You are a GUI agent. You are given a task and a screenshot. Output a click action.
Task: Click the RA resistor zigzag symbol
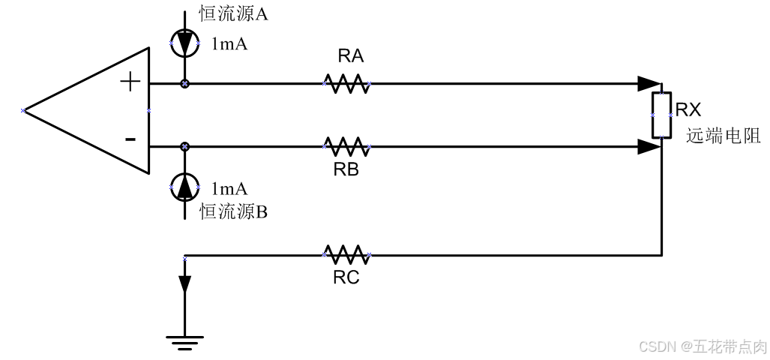click(346, 83)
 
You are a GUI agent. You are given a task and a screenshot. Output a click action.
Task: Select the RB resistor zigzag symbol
click(346, 145)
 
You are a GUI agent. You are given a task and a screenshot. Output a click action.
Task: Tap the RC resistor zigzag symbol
click(346, 255)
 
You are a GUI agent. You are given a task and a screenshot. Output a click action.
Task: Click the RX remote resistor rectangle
click(661, 115)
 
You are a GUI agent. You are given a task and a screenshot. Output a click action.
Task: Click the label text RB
click(346, 169)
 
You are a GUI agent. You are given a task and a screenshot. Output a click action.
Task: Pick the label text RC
click(346, 277)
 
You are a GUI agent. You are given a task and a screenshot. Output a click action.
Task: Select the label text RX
click(688, 110)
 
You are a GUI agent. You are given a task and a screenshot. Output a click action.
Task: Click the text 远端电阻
click(723, 136)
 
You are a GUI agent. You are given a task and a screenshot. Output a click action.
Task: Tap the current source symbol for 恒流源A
click(184, 43)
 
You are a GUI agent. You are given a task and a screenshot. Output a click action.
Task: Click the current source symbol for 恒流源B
click(184, 187)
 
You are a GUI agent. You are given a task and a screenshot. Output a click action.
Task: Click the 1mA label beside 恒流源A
click(229, 44)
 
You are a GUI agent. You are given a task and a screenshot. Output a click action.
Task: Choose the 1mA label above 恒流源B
click(229, 188)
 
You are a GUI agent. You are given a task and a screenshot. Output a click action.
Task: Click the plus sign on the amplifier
click(130, 82)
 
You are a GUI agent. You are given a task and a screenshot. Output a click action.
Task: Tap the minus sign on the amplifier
click(130, 139)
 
